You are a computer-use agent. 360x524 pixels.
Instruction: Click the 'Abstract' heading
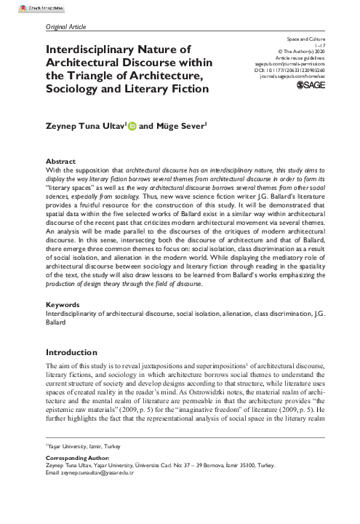pos(60,160)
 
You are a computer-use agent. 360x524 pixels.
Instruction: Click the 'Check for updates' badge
pos(23,6)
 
